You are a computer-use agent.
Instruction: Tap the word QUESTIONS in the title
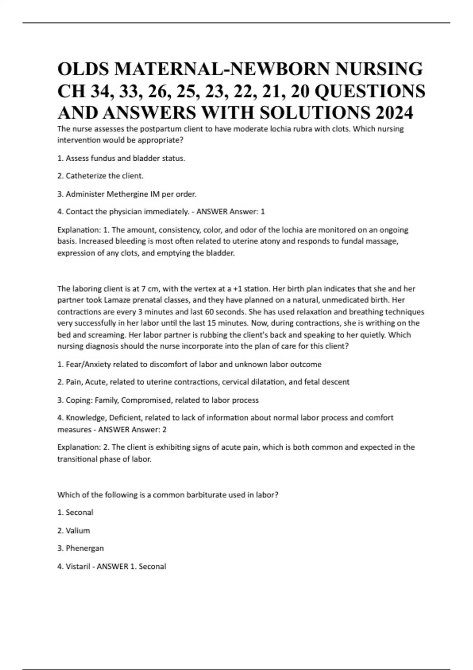[370, 91]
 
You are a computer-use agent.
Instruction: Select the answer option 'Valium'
[78, 530]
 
